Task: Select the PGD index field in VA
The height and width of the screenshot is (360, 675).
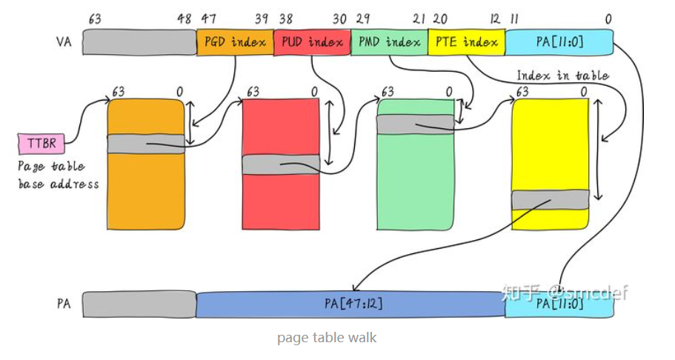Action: coord(235,42)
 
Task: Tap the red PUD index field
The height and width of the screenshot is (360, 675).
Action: coord(312,42)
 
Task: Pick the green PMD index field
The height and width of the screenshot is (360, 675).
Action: coord(389,42)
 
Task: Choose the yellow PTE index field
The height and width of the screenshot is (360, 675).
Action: coord(466,42)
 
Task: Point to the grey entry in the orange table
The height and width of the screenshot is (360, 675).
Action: coord(146,144)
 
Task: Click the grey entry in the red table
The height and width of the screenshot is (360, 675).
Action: coord(281,164)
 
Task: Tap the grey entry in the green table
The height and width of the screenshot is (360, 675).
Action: coord(415,124)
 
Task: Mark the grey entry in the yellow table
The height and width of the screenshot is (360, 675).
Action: coord(550,199)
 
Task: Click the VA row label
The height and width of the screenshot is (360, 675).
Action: coord(64,43)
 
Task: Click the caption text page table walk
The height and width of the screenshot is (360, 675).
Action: coord(327,338)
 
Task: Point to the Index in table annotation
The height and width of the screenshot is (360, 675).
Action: coord(562,76)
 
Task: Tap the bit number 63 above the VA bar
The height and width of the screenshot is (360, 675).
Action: coord(94,19)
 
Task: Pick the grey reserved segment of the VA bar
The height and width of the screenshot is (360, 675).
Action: coord(139,42)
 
